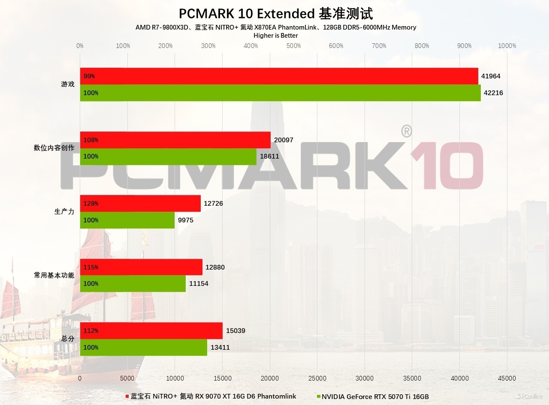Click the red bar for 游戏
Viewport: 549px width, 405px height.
click(x=279, y=76)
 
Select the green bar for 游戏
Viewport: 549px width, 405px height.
click(x=280, y=93)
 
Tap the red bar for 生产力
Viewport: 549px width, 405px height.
click(x=140, y=204)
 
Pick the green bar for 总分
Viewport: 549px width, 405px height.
click(x=143, y=348)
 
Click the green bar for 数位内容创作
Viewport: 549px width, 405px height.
click(x=168, y=156)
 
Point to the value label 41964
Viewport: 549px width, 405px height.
click(x=491, y=76)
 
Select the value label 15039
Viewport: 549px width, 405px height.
click(x=235, y=331)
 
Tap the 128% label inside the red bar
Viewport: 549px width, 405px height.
click(x=91, y=204)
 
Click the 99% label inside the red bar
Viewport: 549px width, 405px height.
click(x=89, y=76)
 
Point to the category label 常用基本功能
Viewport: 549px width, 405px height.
click(x=54, y=275)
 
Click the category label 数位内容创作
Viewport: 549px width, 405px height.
click(x=54, y=148)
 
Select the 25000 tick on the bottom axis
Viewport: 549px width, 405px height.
click(x=317, y=378)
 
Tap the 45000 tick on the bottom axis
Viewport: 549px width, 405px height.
click(x=507, y=378)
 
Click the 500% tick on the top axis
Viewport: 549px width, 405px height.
click(x=294, y=46)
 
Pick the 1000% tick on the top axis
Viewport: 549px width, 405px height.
click(x=507, y=46)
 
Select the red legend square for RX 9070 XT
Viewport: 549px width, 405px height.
click(x=127, y=396)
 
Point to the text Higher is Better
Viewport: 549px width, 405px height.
click(x=276, y=36)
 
